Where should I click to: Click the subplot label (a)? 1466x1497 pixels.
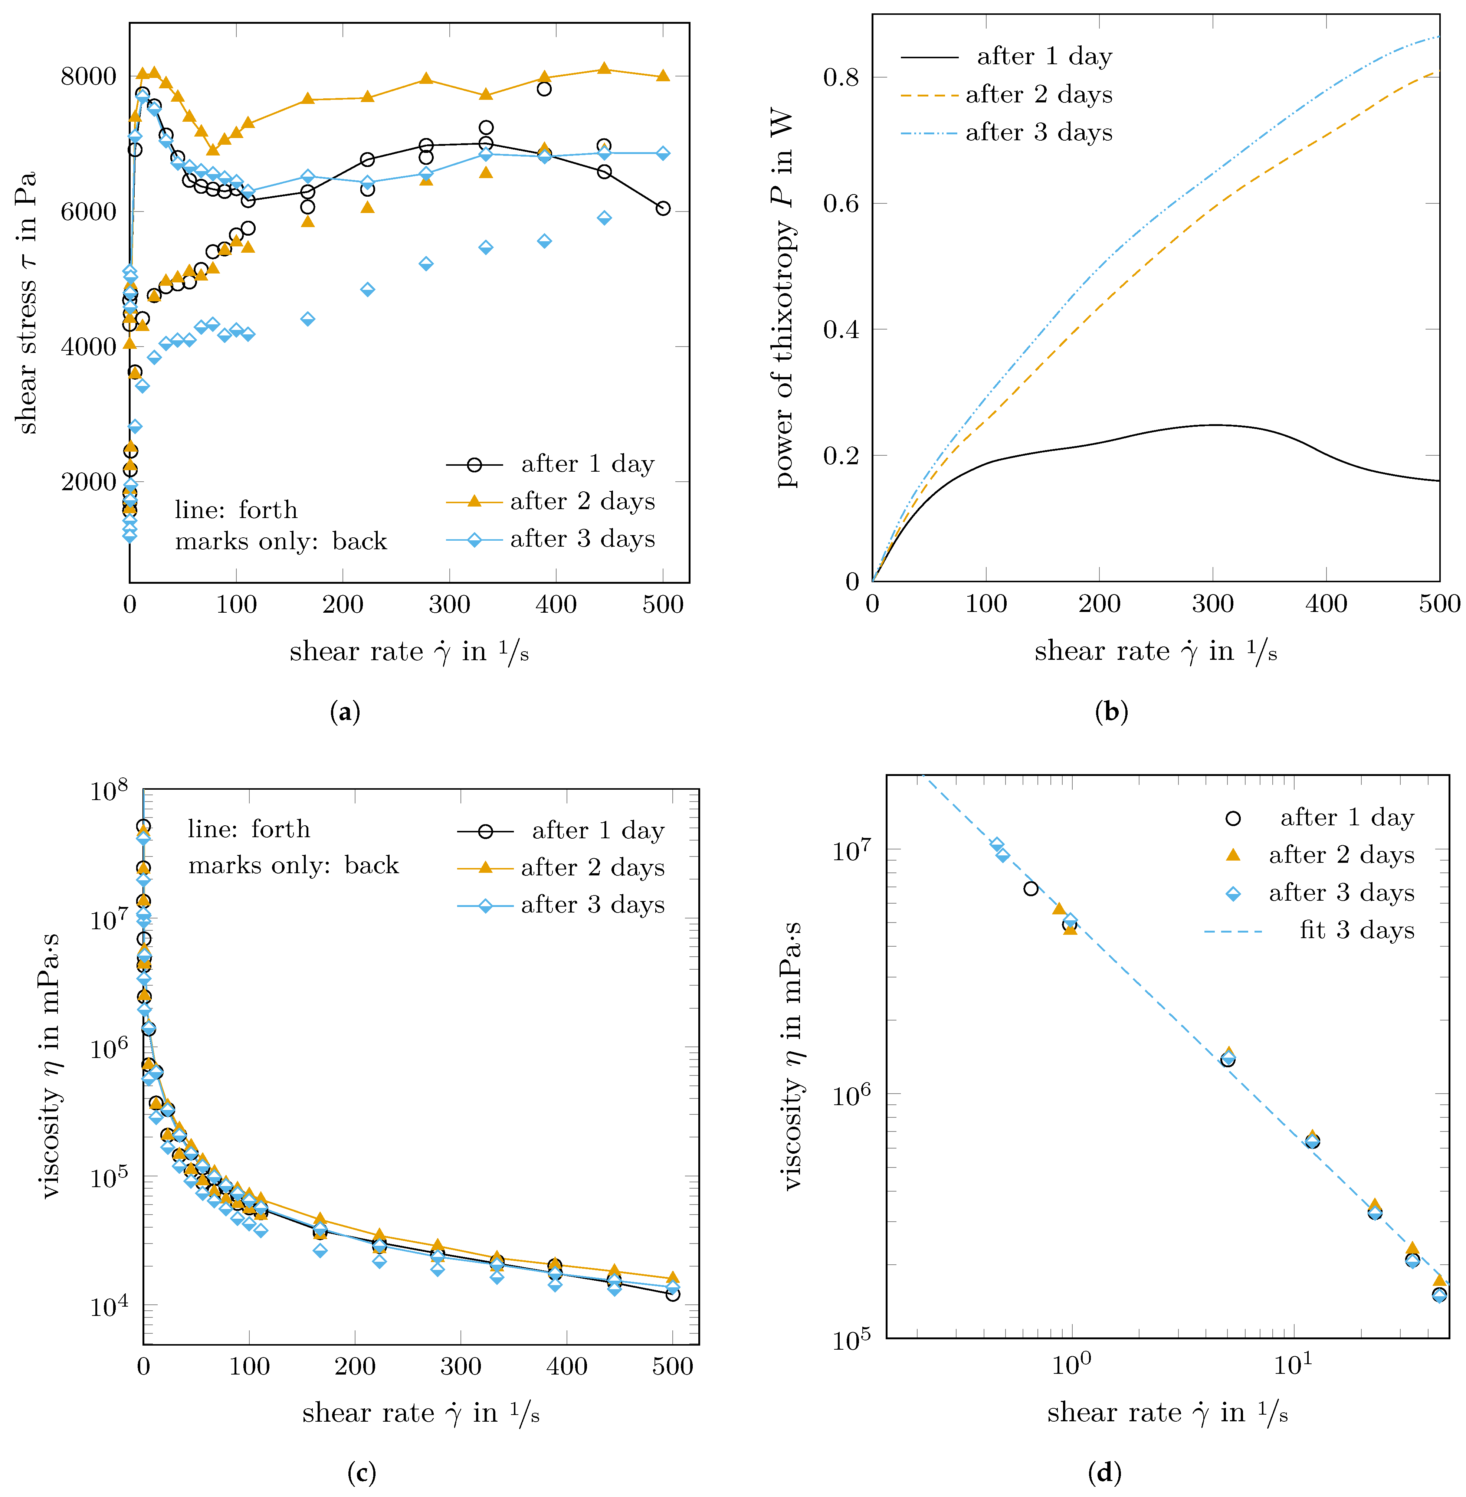(x=344, y=711)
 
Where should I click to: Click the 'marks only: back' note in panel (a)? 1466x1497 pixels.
(x=280, y=541)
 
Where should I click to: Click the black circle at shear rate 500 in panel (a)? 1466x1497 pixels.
(x=663, y=209)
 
